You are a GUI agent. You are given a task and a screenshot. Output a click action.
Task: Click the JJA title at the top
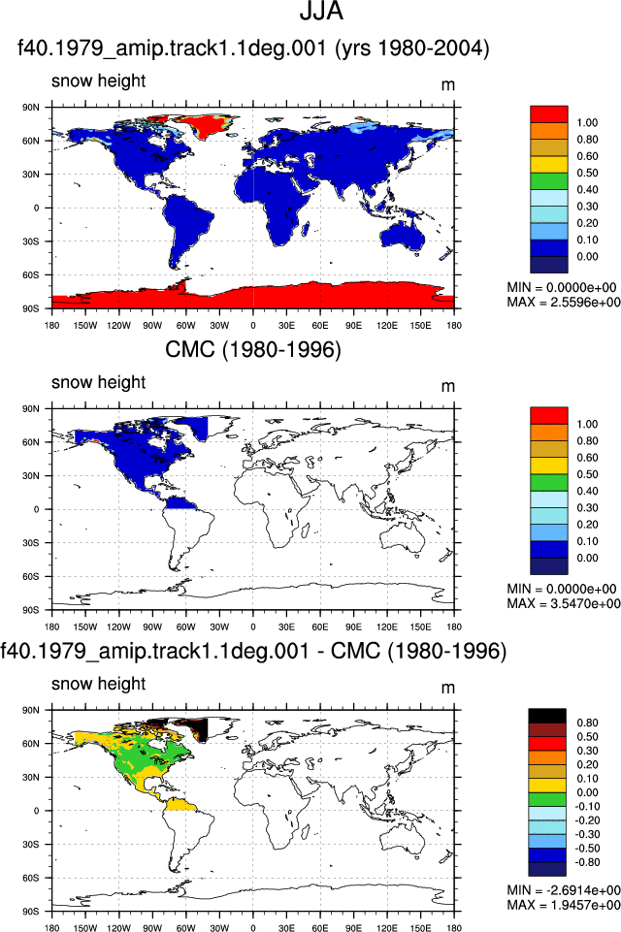click(321, 12)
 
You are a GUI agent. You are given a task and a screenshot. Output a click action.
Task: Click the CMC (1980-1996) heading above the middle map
click(253, 349)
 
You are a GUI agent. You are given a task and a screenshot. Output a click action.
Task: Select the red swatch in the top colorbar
click(549, 114)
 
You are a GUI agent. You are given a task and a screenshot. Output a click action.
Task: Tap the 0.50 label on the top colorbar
click(587, 173)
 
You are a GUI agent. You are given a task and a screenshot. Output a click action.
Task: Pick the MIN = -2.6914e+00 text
click(564, 890)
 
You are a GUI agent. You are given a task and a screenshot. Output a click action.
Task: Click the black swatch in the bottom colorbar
click(547, 716)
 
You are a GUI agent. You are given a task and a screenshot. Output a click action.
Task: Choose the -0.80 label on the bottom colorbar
click(586, 862)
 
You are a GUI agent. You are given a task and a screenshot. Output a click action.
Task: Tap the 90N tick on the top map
click(31, 108)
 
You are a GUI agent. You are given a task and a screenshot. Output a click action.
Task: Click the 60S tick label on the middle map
click(31, 576)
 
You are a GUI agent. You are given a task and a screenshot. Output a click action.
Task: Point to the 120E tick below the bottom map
click(386, 927)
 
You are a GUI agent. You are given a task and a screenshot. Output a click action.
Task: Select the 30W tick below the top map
click(219, 326)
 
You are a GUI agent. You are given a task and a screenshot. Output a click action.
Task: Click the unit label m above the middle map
click(448, 386)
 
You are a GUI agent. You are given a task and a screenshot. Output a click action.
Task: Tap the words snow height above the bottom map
click(98, 684)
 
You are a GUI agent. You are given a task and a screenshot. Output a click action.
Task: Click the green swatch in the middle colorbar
click(549, 483)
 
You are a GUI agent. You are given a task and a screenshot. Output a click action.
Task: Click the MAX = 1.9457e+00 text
click(564, 905)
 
